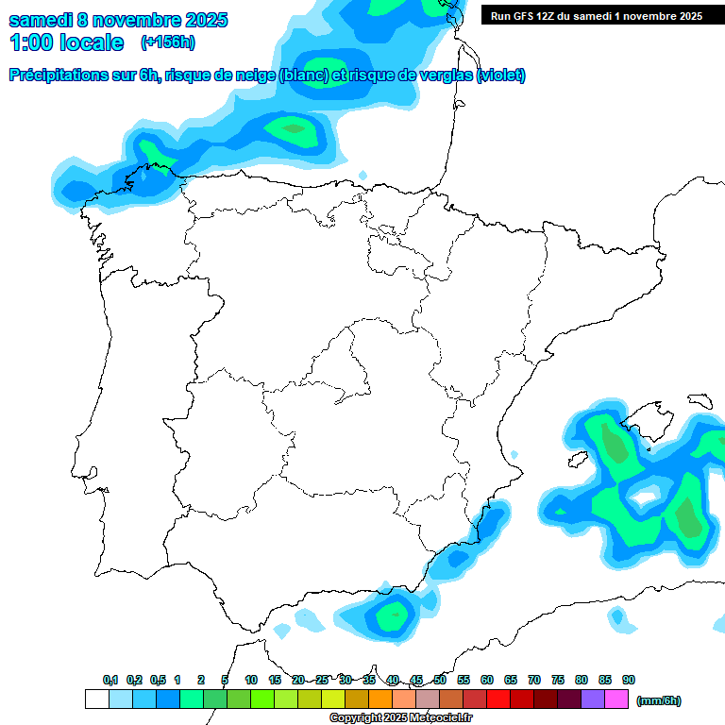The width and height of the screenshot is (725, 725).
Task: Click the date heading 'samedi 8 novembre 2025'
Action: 118,20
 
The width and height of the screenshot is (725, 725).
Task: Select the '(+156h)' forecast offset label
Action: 168,42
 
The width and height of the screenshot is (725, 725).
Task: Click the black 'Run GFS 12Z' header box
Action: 596,15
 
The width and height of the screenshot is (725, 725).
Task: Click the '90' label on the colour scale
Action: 629,680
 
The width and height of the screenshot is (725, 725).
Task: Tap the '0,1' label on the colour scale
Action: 110,680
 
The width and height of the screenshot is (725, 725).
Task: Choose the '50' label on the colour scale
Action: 440,680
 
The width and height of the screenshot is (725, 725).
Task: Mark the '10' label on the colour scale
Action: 251,680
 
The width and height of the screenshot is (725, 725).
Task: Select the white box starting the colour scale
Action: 97,700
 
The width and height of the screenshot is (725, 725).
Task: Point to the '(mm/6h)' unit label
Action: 659,700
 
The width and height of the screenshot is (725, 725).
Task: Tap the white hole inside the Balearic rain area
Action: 646,494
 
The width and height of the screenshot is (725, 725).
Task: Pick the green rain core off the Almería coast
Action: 392,615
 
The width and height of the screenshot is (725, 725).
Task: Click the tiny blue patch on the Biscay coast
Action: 363,176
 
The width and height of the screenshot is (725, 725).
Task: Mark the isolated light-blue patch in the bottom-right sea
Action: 619,619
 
